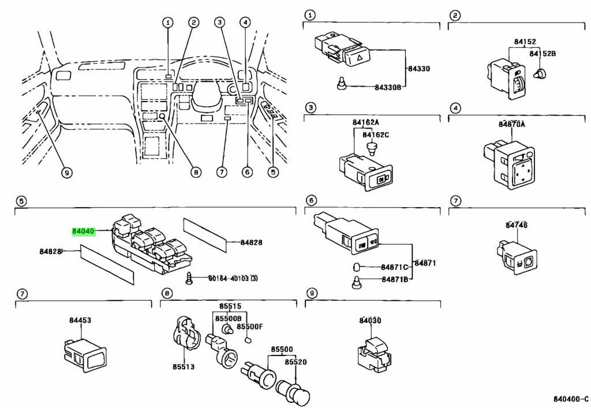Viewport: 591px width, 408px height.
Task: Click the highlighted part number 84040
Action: coord(83,231)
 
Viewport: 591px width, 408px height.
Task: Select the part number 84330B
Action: coord(388,87)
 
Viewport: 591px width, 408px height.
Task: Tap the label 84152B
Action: coord(543,54)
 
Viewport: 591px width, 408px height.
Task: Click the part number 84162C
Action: coord(376,134)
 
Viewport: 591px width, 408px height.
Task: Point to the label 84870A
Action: coord(511,124)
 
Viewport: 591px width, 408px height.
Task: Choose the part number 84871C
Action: coord(394,267)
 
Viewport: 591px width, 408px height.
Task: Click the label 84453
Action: coord(80,320)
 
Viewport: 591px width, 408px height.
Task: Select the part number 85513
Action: coord(184,366)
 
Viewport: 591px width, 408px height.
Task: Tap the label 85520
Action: coord(296,362)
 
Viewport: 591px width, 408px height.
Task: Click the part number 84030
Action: coord(370,321)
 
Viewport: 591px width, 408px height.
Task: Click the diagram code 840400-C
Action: coord(571,399)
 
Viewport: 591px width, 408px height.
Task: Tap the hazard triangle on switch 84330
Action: coord(359,58)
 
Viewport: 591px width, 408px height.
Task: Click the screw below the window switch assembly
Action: coord(189,278)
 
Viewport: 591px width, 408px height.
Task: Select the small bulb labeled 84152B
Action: coord(540,73)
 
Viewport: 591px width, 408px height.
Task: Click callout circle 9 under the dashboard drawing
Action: coord(67,173)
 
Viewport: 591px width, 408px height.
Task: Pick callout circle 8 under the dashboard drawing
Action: coord(196,173)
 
